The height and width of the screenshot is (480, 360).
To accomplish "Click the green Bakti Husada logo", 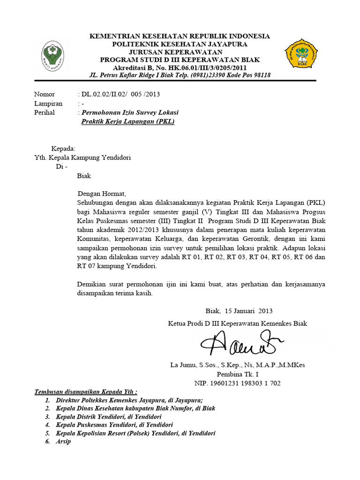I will point(53,54).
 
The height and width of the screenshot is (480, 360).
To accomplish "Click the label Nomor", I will point(44,94).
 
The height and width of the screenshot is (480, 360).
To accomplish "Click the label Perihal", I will point(45,112).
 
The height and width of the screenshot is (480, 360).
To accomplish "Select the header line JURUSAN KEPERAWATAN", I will point(176,52).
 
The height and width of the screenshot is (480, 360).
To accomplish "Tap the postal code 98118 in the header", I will point(260,75).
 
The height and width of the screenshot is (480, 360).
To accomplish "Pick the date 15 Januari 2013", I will point(248,311).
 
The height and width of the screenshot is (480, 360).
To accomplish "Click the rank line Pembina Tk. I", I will point(237,374).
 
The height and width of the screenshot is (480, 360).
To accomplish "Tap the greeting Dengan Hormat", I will point(102,194).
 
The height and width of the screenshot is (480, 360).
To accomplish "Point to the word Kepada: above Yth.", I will point(63,149).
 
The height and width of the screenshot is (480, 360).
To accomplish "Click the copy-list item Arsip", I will point(64,442).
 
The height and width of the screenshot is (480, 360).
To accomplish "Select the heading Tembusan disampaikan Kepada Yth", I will point(86,392).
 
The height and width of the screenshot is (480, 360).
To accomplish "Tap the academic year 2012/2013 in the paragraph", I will point(136,230).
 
